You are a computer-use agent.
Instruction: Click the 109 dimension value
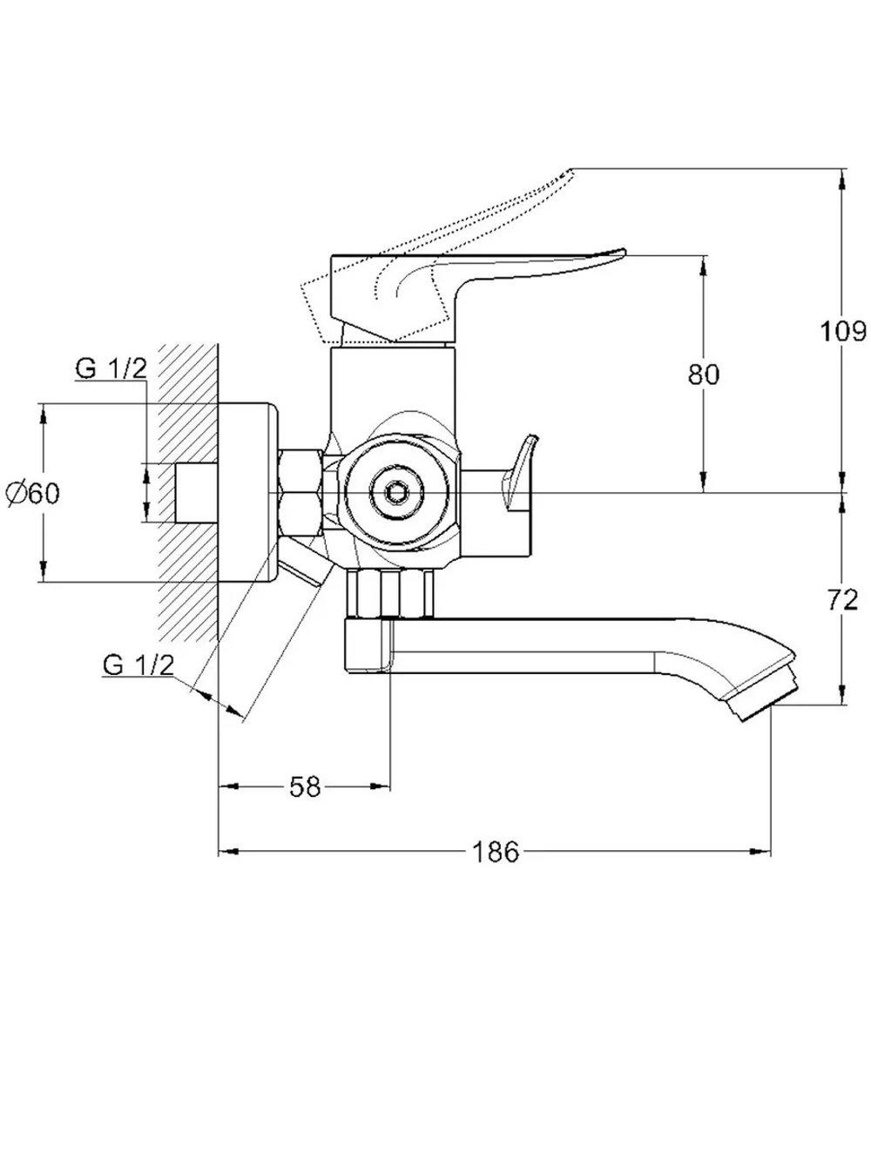[x=843, y=332]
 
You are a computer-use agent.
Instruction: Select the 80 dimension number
[x=704, y=375]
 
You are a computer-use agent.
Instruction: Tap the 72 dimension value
[x=843, y=600]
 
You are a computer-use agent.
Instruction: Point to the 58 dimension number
[x=305, y=786]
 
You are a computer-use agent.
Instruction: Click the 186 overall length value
[x=496, y=852]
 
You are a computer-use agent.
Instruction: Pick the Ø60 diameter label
[x=33, y=494]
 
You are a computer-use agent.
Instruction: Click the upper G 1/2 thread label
[x=111, y=368]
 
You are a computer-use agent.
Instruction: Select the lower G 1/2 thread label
[x=138, y=665]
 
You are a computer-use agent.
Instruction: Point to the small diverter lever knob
[x=521, y=472]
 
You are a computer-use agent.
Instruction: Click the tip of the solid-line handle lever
[x=625, y=251]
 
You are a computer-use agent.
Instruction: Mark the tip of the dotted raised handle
[x=571, y=169]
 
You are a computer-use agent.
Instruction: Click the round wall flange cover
[x=248, y=494]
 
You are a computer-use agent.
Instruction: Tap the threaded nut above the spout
[x=390, y=593]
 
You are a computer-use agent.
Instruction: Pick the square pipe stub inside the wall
[x=196, y=494]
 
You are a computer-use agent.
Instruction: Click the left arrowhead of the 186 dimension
[x=228, y=851]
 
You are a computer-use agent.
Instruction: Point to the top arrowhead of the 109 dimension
[x=842, y=179]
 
